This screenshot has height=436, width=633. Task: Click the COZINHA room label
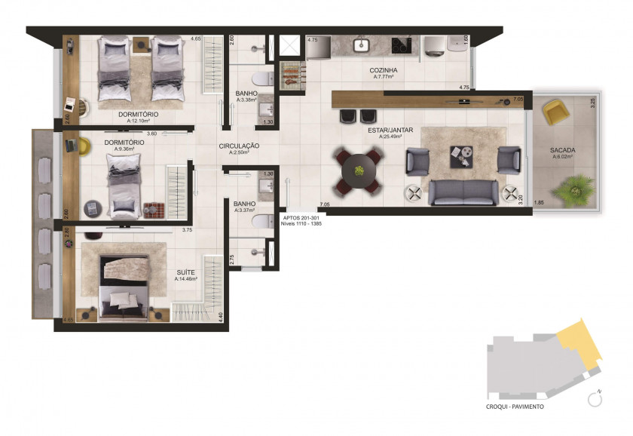tap(384, 69)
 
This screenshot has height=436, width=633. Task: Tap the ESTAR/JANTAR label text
tap(391, 130)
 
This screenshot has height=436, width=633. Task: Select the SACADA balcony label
tap(563, 150)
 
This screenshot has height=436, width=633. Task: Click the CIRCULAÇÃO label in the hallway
tap(240, 146)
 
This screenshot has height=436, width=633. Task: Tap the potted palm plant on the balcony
tap(578, 186)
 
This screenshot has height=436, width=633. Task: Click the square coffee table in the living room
tap(462, 155)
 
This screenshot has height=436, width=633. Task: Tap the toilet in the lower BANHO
tap(259, 221)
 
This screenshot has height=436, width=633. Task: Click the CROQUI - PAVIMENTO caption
tap(515, 406)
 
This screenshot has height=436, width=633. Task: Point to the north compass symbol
tap(594, 398)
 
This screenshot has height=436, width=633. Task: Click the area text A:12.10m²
tap(138, 121)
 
